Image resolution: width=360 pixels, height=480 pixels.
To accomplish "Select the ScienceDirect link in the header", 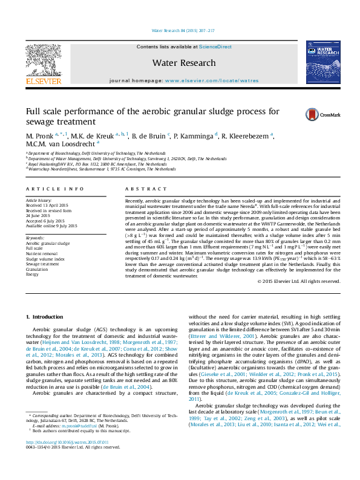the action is coord(215,47).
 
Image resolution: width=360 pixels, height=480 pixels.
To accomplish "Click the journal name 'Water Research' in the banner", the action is coord(184,63).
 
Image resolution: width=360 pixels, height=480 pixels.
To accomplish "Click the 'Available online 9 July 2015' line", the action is coord(51,225).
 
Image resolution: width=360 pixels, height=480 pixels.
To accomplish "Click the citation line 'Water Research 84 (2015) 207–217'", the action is coord(180,31).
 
